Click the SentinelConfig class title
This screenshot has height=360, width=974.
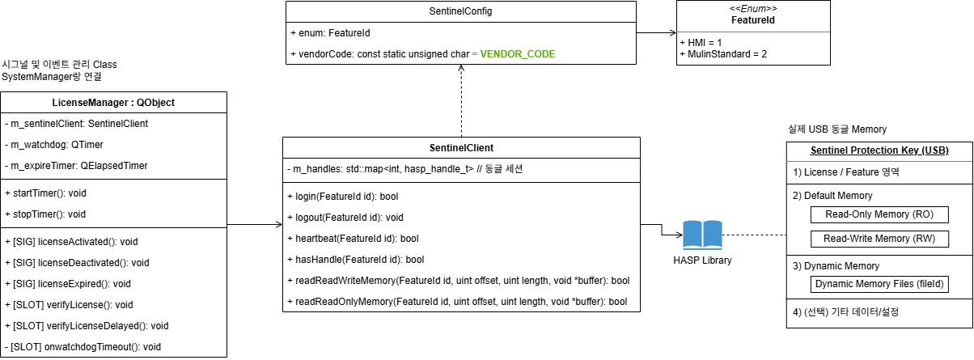point(461,12)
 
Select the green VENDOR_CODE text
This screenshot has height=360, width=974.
point(518,54)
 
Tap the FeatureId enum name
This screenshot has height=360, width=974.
point(754,19)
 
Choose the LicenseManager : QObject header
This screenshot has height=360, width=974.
point(113,103)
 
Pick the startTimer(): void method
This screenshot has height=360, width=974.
point(57,193)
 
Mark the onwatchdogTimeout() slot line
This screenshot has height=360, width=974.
point(83,346)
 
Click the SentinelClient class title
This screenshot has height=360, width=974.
point(461,148)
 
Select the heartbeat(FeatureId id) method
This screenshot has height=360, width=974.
point(353,239)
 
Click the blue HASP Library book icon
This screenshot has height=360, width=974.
point(701,235)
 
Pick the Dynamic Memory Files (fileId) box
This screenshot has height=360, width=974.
point(879,284)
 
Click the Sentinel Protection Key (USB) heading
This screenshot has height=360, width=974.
point(879,151)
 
